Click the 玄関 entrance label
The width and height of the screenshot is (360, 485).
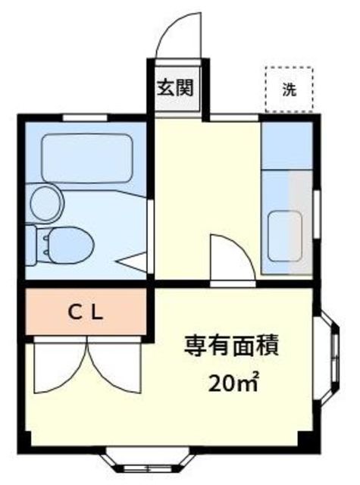[x=176, y=88]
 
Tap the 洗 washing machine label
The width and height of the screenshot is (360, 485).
[x=290, y=89]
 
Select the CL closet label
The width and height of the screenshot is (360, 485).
[x=86, y=313]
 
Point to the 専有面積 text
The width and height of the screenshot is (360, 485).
[x=232, y=346]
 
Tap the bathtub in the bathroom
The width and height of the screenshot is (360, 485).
[x=87, y=158]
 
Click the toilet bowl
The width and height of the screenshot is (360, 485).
[x=71, y=246]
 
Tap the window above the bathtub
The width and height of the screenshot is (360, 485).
[x=85, y=118]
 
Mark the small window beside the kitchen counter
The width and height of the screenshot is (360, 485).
[x=317, y=214]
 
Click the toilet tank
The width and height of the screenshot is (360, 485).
[x=31, y=246]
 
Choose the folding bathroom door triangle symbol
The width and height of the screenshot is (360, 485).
[x=133, y=262]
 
